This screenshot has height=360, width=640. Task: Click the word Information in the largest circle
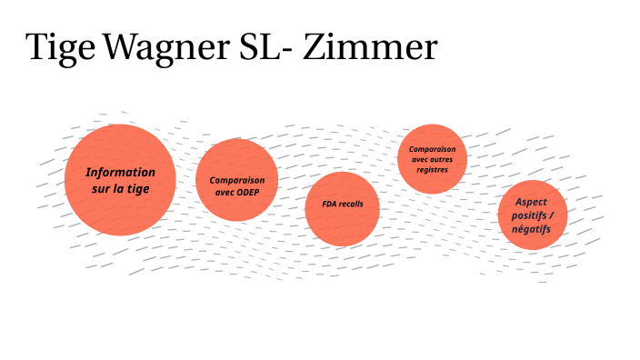coord(120,172)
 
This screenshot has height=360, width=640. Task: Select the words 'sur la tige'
coord(120,189)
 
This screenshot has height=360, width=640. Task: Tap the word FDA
coord(330,205)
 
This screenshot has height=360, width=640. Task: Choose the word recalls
coord(351,205)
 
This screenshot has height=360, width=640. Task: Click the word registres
coord(432,169)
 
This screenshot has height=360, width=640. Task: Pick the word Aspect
coord(532,201)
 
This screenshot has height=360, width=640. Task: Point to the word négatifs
coord(532,230)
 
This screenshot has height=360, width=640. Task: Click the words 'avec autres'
coord(432,159)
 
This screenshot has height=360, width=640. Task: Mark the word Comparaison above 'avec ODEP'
coord(237,180)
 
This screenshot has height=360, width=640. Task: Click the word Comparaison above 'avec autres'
coord(432,148)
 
